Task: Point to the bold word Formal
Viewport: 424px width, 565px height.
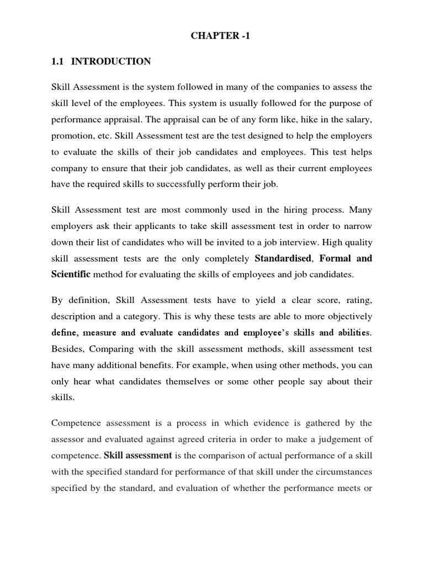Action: click(x=336, y=258)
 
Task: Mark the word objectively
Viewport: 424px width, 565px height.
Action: click(x=347, y=317)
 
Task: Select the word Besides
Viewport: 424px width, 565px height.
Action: click(x=67, y=349)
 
